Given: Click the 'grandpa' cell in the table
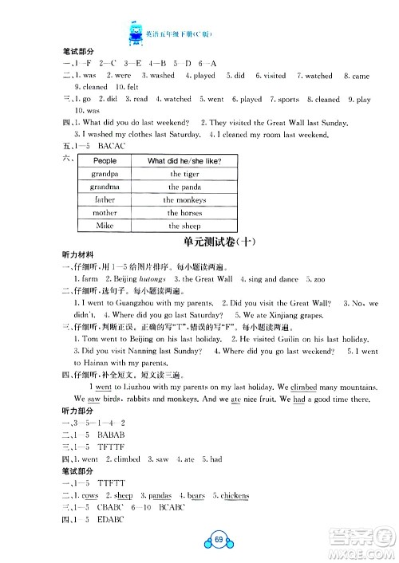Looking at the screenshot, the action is coord(105,174).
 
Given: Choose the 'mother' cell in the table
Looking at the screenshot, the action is coord(105,213).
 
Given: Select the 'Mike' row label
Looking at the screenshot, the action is coord(105,226).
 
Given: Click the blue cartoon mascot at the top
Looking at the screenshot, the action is coord(132,33).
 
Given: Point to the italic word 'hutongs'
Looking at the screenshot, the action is coord(160,281).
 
